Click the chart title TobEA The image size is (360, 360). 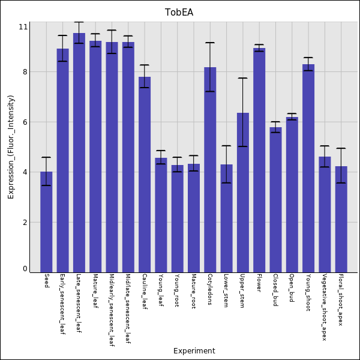click(179, 13)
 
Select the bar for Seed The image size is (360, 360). click(46, 222)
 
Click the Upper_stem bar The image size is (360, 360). click(243, 193)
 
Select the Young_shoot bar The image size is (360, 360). click(308, 168)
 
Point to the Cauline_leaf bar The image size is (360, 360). click(145, 175)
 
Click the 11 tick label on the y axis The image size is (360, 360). click(23, 27)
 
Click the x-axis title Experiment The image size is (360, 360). click(194, 351)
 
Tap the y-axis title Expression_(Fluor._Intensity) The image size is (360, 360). click(11, 147)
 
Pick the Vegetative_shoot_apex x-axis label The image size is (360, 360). click(325, 307)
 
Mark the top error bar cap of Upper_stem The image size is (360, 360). click(243, 78)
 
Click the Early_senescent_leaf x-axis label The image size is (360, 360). click(62, 304)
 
